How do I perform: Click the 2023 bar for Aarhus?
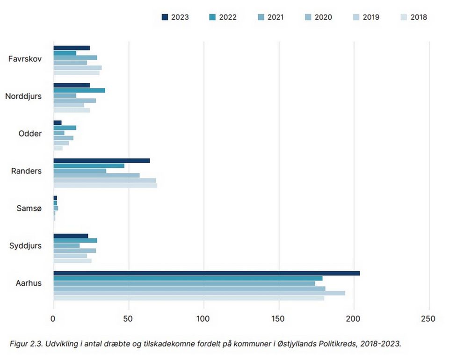point(207,274)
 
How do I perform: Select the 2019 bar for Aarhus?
point(199,293)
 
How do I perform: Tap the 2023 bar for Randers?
point(101,160)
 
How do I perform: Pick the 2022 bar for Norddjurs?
point(80,90)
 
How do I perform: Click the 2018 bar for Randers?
point(105,186)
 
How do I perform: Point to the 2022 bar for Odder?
point(65,128)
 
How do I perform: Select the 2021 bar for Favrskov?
point(75,58)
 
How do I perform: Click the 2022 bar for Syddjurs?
point(75,240)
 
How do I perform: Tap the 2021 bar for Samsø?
point(56,208)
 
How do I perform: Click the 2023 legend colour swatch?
point(165,17)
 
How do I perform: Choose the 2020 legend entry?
point(319,17)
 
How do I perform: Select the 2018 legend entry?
point(414,17)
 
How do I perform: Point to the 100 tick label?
point(203,318)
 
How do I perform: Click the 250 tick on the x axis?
point(428,318)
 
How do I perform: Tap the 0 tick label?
point(53,318)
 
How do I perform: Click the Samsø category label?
point(29,209)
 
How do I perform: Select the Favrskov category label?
point(25,58)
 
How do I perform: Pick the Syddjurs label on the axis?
point(25,246)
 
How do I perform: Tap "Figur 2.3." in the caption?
point(26,344)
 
